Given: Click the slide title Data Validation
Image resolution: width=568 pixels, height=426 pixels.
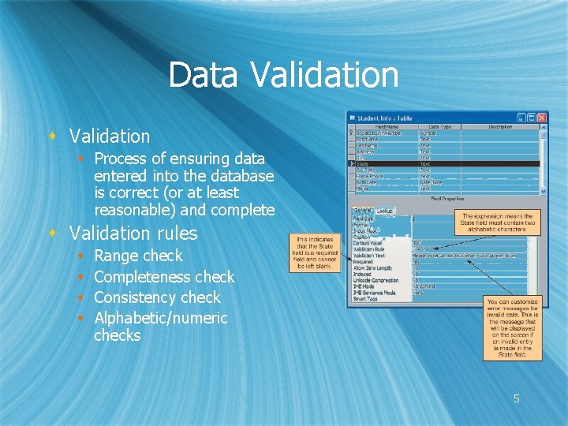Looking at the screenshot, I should [x=283, y=76].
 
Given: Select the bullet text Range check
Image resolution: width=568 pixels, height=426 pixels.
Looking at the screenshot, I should [x=138, y=256].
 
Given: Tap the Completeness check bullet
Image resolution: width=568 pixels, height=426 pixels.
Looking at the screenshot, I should [x=164, y=277].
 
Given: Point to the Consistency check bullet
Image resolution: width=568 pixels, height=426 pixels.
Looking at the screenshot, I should [x=157, y=297].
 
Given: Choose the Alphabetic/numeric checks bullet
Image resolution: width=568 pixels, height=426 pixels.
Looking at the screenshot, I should [x=160, y=326].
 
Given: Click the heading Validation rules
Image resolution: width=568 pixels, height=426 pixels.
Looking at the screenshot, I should [x=133, y=234].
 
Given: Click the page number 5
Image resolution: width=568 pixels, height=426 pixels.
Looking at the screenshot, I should [x=517, y=399].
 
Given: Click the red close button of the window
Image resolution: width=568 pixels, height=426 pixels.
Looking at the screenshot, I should [x=542, y=118].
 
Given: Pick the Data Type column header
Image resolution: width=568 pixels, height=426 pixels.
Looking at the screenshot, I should [x=439, y=126].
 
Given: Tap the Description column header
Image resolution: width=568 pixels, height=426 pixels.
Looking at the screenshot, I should [x=499, y=126].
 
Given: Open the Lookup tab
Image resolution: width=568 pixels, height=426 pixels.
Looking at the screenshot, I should [x=384, y=211].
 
